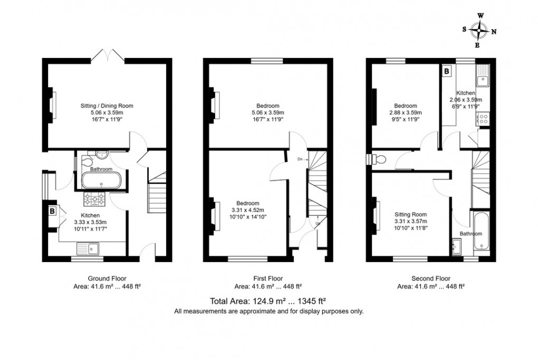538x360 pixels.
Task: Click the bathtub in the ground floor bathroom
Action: click(x=103, y=181)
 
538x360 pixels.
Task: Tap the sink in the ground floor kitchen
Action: click(x=89, y=247)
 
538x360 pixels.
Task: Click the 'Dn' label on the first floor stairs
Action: click(x=300, y=159)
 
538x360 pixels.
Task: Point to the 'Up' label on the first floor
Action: click(x=318, y=223)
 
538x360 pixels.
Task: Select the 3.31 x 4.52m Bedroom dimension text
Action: click(x=247, y=210)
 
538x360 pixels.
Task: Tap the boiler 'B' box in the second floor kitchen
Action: click(x=446, y=71)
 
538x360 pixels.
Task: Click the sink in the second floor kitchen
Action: click(x=483, y=81)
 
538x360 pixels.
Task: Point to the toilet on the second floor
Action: click(x=378, y=158)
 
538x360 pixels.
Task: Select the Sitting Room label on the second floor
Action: click(x=411, y=215)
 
